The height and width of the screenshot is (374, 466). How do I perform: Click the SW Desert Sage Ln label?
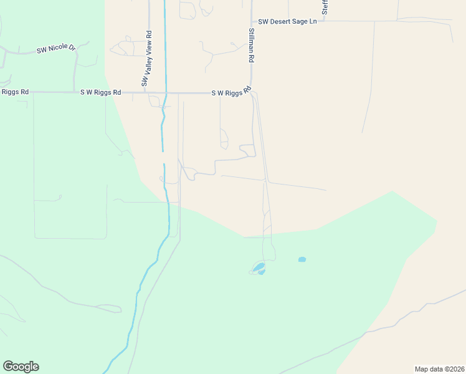(287, 22)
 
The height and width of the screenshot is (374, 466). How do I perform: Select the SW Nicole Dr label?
(56, 48)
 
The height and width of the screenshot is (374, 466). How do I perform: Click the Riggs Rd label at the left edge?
(15, 92)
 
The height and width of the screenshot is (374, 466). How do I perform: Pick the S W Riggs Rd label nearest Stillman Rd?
(231, 93)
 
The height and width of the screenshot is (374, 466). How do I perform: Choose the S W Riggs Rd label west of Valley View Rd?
(100, 92)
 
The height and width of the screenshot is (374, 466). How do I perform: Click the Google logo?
(21, 367)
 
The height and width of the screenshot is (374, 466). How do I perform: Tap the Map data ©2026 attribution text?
(439, 368)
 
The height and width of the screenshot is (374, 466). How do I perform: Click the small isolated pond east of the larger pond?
(302, 259)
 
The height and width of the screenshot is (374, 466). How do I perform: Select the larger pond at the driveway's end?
(259, 269)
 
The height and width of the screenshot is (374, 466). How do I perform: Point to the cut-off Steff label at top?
(325, 7)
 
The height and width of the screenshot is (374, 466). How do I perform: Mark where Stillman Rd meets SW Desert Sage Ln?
(252, 21)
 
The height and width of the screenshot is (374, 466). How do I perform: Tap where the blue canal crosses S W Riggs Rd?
(166, 93)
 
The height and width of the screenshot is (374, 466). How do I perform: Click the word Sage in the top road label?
(299, 22)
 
